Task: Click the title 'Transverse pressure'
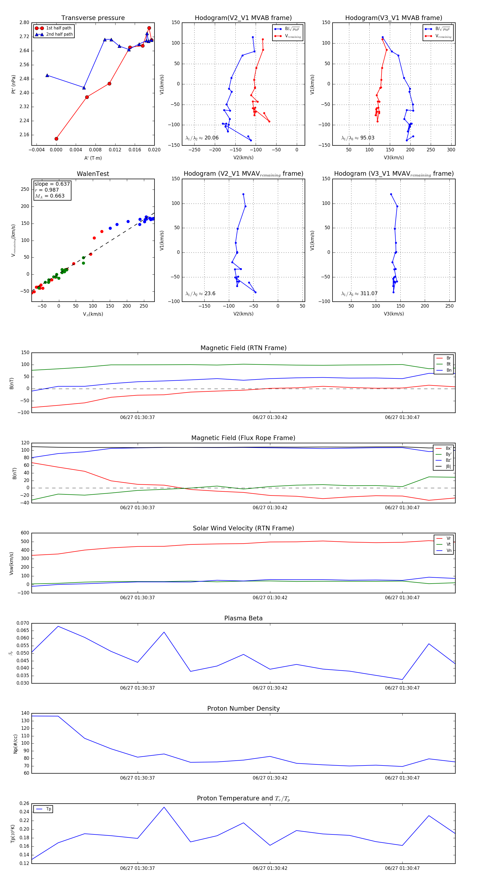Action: pos(93,18)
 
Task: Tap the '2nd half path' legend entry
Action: pos(59,34)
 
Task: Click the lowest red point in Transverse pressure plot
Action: pos(57,139)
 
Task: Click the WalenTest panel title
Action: pos(93,174)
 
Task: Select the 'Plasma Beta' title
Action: pos(243,618)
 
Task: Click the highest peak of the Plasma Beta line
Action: pos(58,626)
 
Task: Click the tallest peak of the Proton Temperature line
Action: pos(164,807)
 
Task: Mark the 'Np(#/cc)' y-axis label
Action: pos(15,744)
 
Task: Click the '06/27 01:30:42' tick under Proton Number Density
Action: pos(270,778)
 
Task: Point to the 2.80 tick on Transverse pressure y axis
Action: pos(24,22)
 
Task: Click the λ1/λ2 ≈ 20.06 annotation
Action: pos(202,138)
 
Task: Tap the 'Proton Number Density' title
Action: pos(243,708)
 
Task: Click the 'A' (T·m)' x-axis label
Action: pos(93,158)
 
